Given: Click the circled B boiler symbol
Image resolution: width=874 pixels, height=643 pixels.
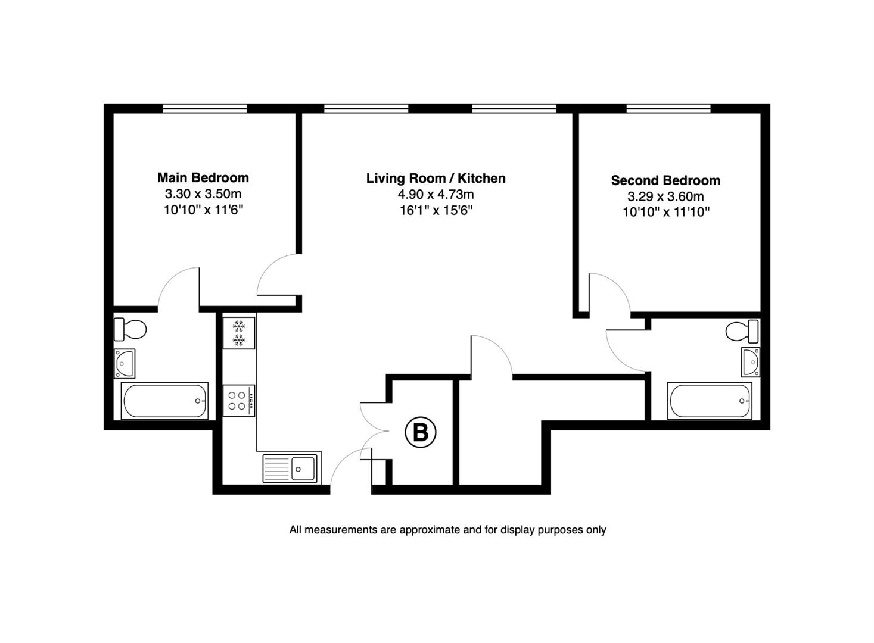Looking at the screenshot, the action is (420, 432).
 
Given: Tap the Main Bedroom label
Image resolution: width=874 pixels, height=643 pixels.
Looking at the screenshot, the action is (203, 178).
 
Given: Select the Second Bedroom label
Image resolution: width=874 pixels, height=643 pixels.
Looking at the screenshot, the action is (665, 180).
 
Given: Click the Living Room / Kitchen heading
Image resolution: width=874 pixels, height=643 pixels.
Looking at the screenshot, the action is (436, 179).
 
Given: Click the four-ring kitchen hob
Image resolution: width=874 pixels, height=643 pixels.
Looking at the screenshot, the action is (239, 401).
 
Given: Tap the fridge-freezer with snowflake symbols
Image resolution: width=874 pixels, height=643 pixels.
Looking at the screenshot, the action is (239, 333).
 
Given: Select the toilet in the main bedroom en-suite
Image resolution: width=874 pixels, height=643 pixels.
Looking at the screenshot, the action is (130, 329).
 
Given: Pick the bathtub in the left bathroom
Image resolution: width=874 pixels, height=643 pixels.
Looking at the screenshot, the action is (164, 401).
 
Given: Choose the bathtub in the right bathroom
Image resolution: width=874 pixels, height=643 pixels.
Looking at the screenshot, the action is (710, 401).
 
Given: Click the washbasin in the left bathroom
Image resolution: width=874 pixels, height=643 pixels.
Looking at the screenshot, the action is (125, 363).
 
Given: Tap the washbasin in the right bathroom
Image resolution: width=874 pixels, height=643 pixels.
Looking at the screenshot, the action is (751, 362).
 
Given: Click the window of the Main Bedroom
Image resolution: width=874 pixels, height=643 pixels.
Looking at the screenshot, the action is (205, 108).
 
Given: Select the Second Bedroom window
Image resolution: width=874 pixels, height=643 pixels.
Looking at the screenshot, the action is (668, 108).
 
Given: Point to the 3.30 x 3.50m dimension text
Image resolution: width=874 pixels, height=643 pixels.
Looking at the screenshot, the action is (203, 194).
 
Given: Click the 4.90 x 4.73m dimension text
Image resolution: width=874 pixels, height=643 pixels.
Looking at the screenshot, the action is (436, 194).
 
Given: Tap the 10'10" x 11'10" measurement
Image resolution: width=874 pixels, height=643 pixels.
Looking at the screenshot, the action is (665, 212).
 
